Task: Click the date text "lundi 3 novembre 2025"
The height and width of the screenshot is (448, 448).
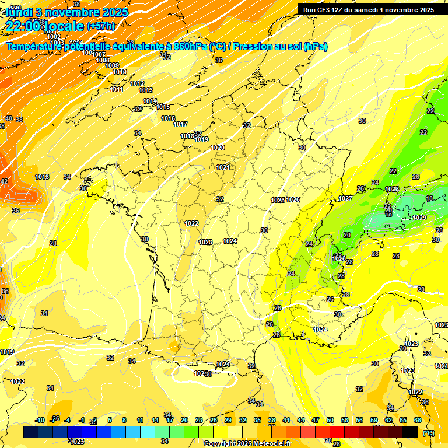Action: (58, 12)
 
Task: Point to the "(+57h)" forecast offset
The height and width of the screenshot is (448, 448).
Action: (100, 26)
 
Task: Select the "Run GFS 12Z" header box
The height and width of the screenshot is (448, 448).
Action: (368, 9)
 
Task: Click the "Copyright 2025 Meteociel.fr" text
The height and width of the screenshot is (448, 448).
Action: (247, 443)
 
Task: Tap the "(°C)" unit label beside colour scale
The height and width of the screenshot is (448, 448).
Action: (428, 433)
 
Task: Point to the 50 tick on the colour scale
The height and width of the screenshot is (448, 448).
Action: (330, 420)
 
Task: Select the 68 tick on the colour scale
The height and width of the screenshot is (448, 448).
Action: (418, 420)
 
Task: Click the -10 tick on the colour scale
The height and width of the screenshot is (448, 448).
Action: (40, 420)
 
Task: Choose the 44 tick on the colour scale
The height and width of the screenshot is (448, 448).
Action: (300, 420)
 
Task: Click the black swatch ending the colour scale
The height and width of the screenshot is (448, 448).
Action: (410, 432)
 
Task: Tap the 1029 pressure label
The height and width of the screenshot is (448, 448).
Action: (419, 218)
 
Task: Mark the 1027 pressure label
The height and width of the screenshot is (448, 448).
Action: (345, 199)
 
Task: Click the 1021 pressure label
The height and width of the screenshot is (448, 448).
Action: (222, 168)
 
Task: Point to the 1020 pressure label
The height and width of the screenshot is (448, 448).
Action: (218, 148)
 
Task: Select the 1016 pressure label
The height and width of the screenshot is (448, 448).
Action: (168, 119)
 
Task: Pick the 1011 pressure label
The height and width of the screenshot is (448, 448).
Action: (117, 89)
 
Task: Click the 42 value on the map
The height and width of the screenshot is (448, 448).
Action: (4, 181)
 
